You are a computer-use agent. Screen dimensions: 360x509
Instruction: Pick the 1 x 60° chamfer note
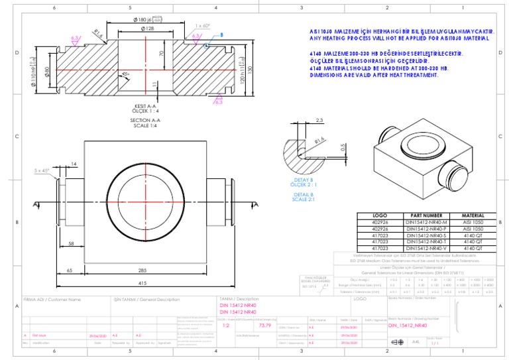[203, 26]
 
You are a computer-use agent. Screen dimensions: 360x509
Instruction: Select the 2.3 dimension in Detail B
[319, 120]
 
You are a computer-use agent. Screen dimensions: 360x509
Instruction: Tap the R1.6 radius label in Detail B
[319, 141]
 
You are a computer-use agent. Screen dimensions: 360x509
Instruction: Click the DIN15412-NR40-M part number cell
[427, 222]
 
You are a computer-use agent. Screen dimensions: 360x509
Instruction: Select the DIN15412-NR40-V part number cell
[427, 248]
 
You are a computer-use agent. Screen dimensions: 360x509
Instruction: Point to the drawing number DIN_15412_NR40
[406, 326]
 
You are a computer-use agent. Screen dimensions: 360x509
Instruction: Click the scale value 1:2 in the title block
[225, 326]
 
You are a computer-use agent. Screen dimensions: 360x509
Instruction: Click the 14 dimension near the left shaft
[74, 163]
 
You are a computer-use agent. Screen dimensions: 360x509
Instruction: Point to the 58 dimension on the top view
[70, 244]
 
